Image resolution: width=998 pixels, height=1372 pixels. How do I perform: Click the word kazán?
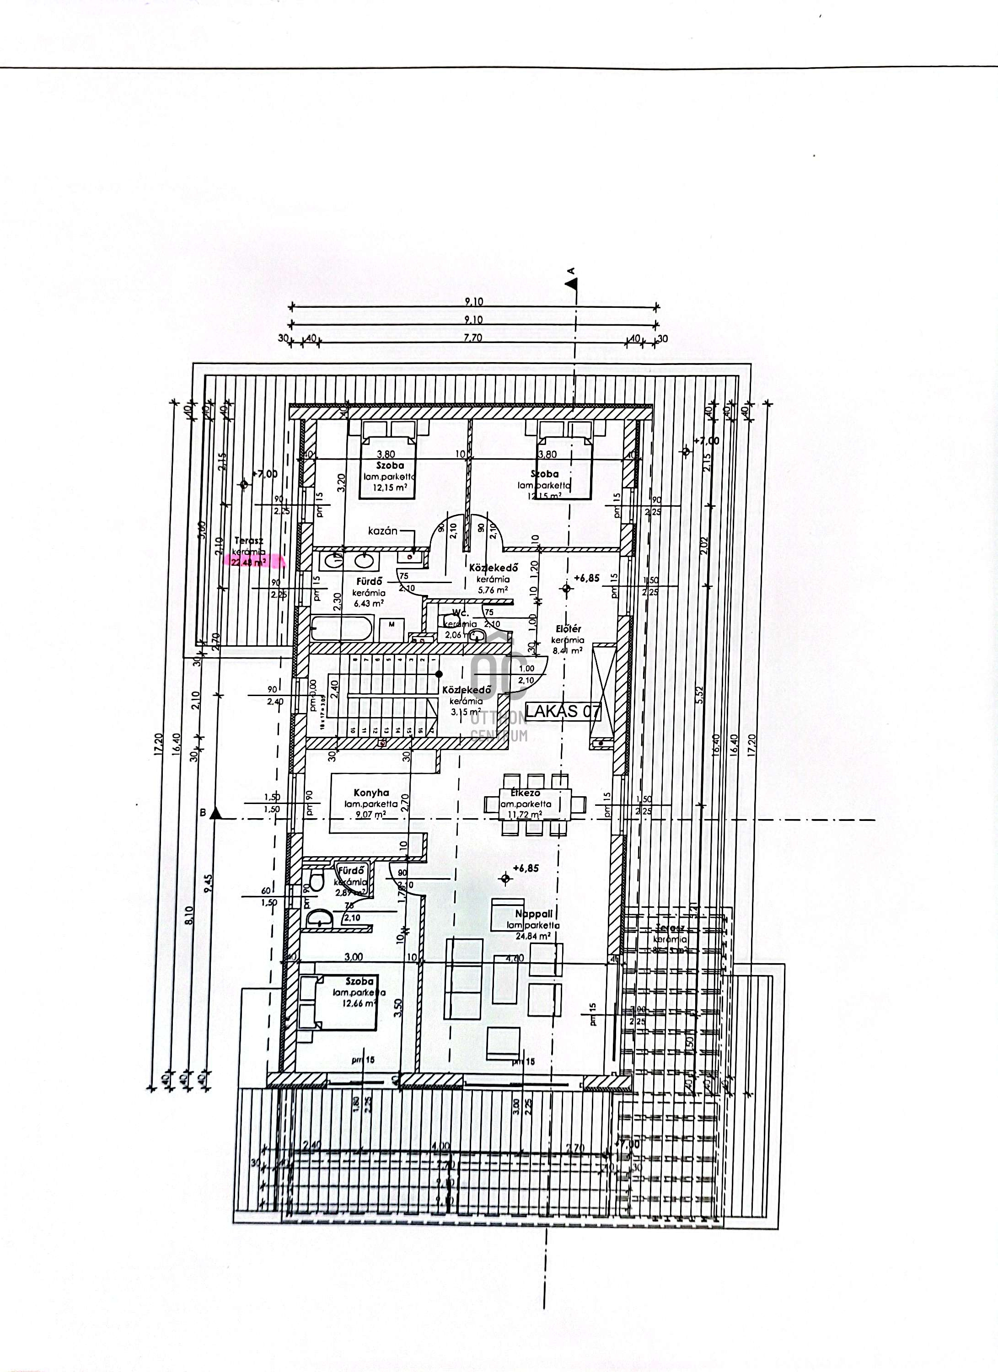(x=383, y=531)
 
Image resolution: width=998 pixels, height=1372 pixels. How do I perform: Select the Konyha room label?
(x=371, y=793)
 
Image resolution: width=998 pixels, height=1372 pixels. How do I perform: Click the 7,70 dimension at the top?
(x=472, y=338)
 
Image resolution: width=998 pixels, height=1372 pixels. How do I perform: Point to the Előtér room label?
(x=568, y=628)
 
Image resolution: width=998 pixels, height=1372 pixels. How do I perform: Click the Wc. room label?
(x=460, y=613)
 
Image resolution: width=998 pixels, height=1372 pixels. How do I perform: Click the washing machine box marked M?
(x=392, y=624)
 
